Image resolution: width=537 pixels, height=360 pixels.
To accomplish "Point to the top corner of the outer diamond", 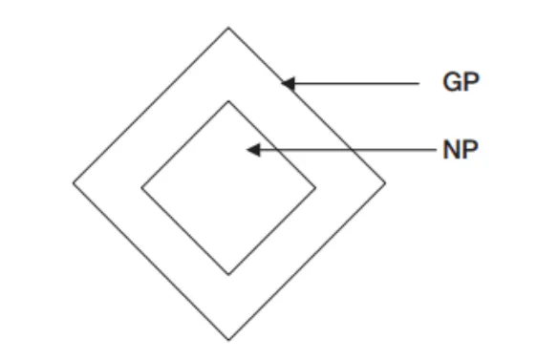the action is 228,27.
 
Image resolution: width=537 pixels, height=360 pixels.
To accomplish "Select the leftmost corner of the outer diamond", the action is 73,182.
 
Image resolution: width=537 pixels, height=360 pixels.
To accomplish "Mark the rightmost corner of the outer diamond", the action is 386,182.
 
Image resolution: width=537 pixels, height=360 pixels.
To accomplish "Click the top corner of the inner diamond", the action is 228,100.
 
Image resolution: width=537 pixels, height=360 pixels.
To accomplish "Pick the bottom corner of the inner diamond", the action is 228,275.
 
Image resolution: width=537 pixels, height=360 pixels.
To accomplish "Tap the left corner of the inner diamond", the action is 141,187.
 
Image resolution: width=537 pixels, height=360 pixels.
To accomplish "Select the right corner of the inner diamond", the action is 315,187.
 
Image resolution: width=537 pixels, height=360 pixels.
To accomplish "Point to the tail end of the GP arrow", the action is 419,84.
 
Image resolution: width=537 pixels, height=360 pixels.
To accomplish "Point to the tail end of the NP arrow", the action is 435,150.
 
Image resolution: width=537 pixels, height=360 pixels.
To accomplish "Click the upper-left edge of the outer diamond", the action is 150,105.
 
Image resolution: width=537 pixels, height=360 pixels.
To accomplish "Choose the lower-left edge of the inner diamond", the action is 184,231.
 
